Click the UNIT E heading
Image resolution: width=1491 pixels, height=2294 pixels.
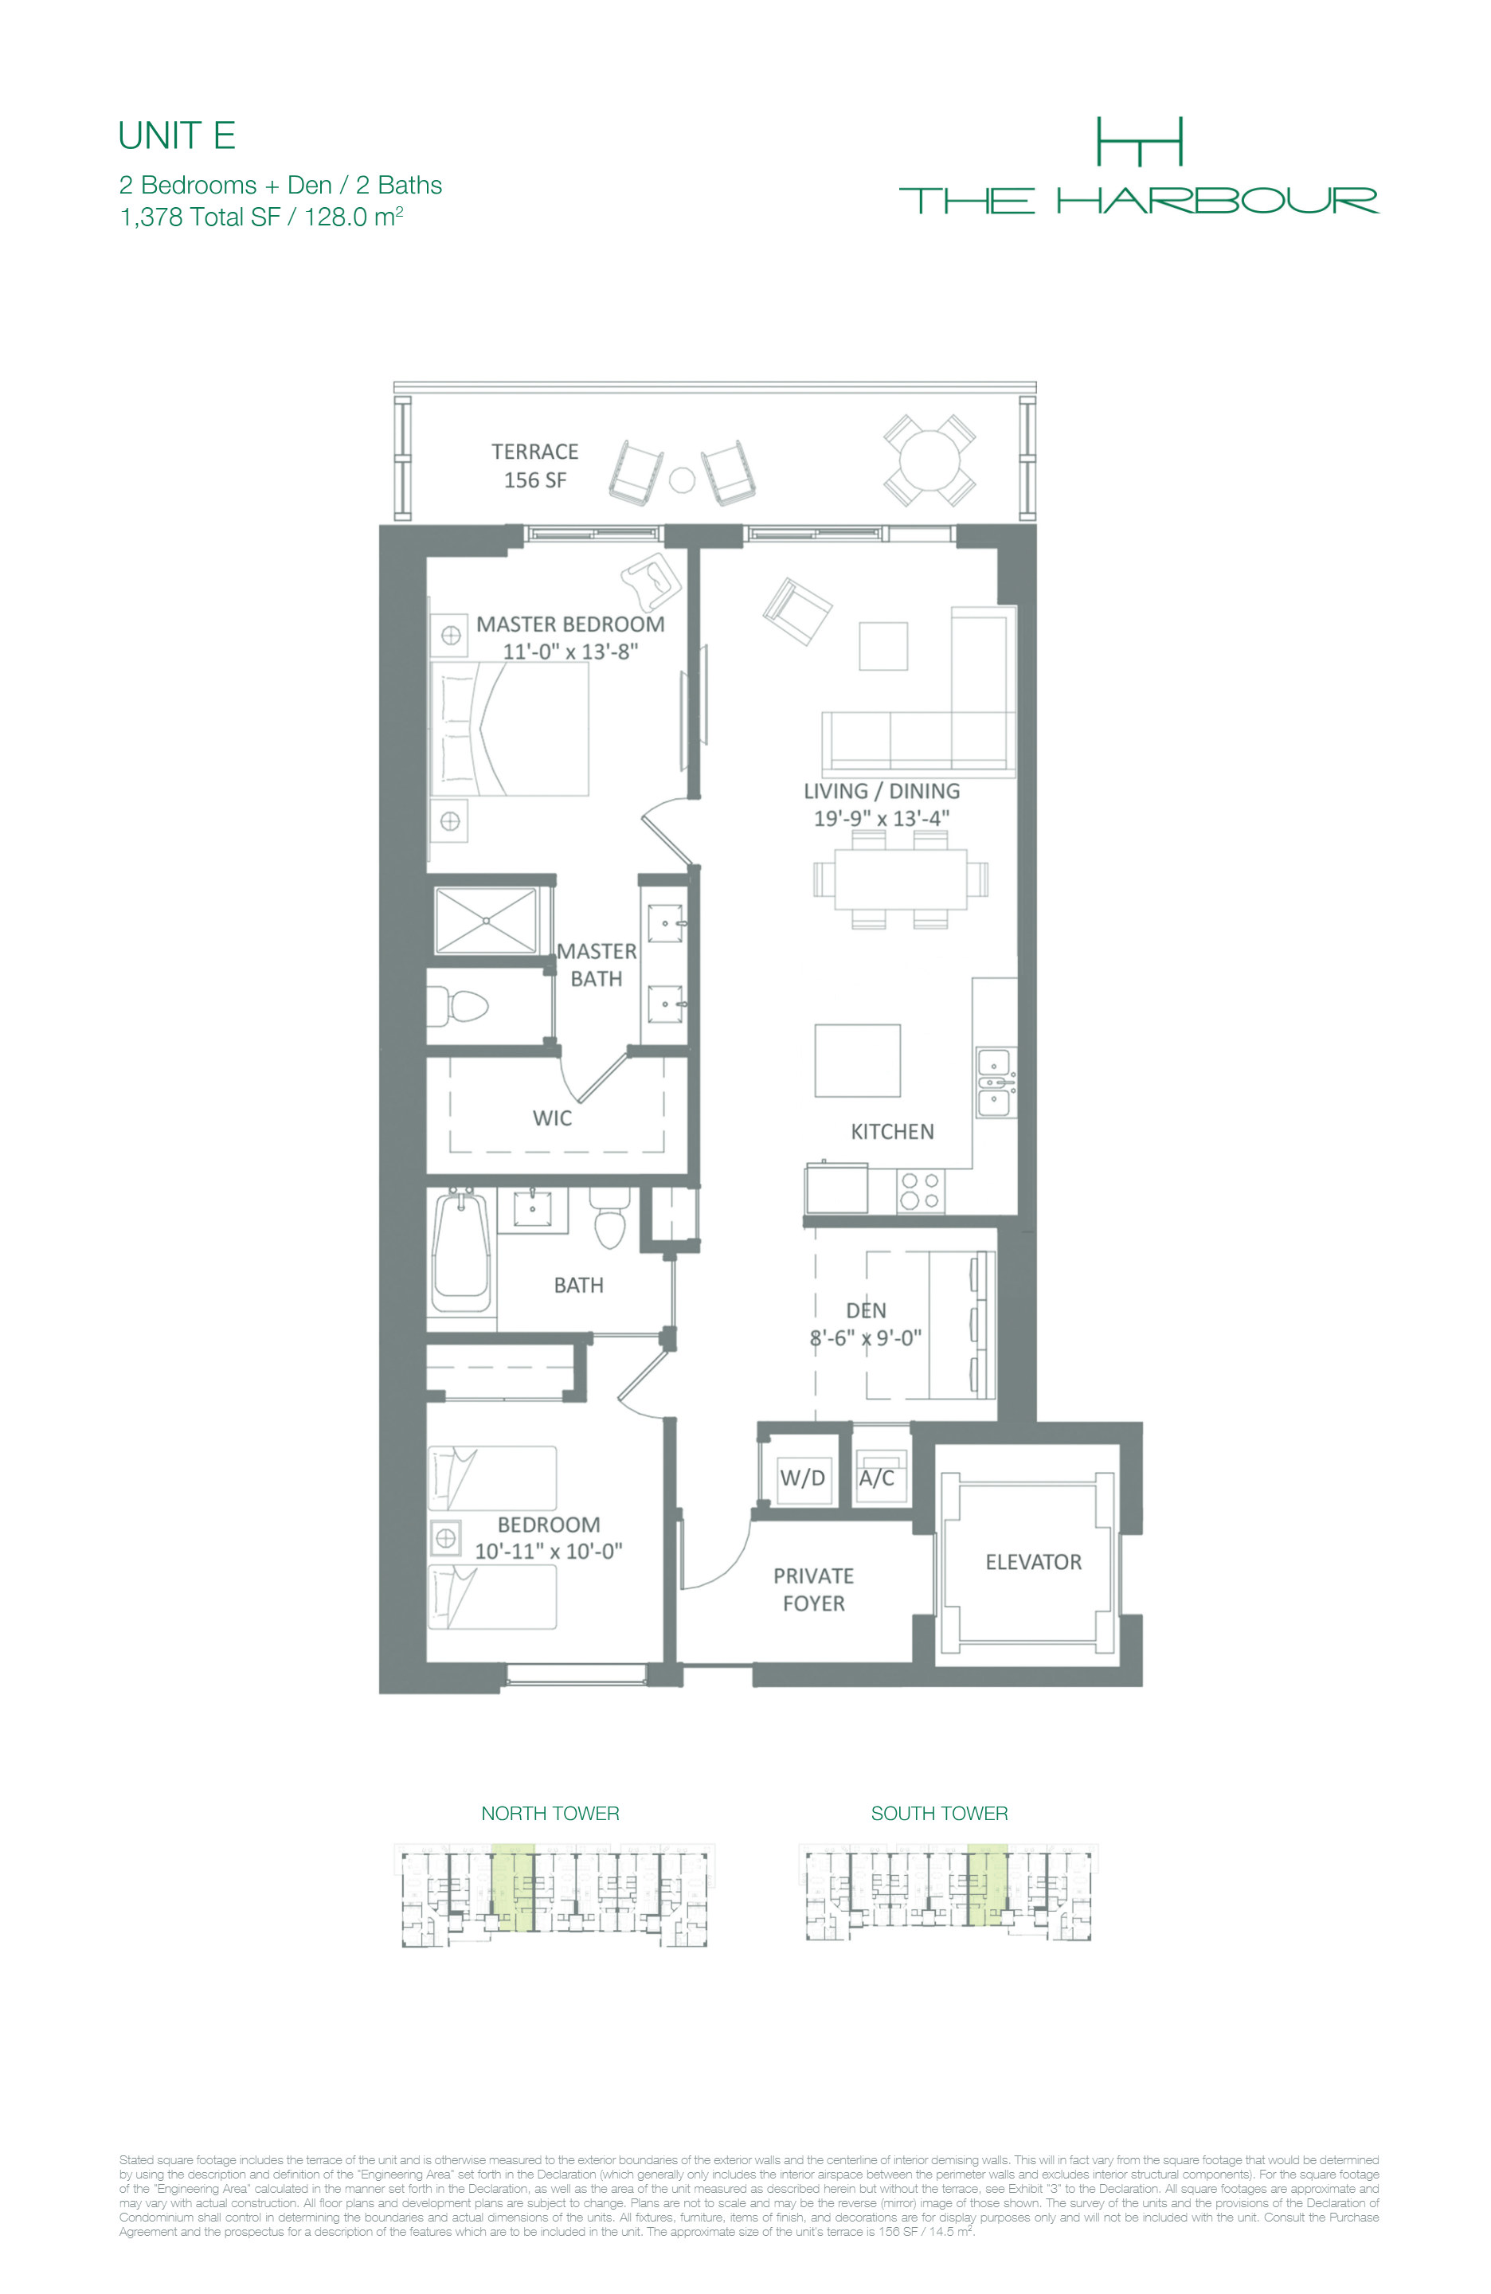[x=176, y=136]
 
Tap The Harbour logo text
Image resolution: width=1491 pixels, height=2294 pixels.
[x=1138, y=201]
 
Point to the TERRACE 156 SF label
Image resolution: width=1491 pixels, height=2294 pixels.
[x=535, y=465]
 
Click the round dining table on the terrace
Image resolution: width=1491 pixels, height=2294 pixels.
[x=929, y=460]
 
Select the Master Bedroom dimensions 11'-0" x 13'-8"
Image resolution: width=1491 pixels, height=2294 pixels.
[x=570, y=652]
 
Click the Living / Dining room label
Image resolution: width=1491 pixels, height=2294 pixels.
[x=882, y=791]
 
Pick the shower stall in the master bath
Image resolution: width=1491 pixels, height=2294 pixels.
[x=486, y=922]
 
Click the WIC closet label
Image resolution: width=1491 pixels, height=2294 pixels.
[x=552, y=1118]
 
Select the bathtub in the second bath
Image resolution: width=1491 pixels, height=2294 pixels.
[x=460, y=1250]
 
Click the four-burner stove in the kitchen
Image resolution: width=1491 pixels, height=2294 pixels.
[x=921, y=1190]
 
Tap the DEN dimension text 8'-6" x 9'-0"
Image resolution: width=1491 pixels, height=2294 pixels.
[x=866, y=1338]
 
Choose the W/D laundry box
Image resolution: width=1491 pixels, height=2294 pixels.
[x=803, y=1478]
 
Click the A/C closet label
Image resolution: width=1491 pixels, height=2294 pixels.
[x=876, y=1478]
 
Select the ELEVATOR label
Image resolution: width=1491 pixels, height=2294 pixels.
[x=1033, y=1561]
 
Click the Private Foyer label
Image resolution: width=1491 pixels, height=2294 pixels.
[x=813, y=1589]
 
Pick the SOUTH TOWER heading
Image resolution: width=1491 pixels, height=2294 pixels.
[x=940, y=1813]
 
